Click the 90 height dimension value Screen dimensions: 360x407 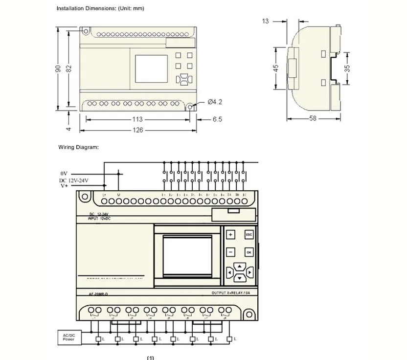pyautogui.click(x=58, y=69)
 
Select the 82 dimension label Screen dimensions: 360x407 pyautogui.click(x=69, y=69)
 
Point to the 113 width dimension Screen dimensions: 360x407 pyautogui.click(x=137, y=119)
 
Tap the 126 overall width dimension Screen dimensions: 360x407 pyautogui.click(x=138, y=130)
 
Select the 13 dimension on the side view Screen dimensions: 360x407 pyautogui.click(x=266, y=21)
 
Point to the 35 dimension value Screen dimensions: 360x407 pyautogui.click(x=347, y=67)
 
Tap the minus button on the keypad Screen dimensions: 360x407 pyautogui.click(x=230, y=252)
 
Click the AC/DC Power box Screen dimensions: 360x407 pyautogui.click(x=68, y=337)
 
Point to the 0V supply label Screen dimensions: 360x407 pyautogui.click(x=64, y=174)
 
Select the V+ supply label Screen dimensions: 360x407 pyautogui.click(x=64, y=186)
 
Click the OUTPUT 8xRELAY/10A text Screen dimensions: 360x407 pyautogui.click(x=231, y=293)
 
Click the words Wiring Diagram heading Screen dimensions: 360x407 pyautogui.click(x=79, y=147)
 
